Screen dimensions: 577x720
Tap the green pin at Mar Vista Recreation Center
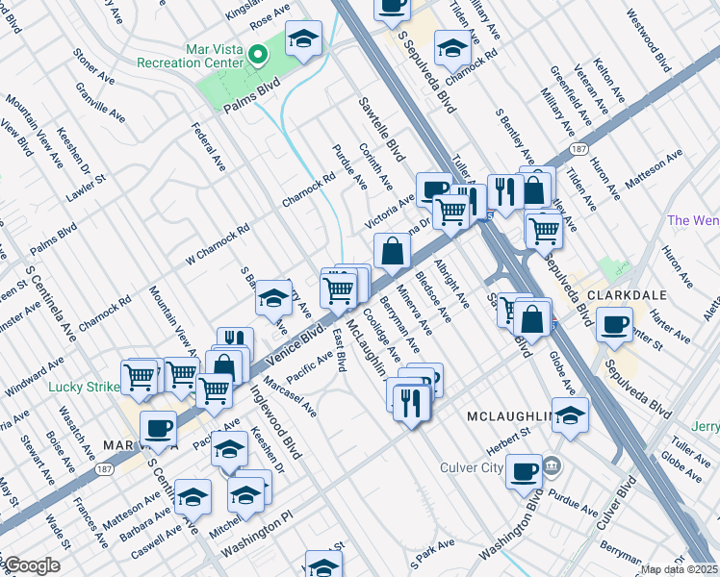pos(258,54)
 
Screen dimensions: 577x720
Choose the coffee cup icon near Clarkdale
pos(613,326)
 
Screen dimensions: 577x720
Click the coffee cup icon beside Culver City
pos(525,470)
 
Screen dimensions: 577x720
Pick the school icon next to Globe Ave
pos(571,417)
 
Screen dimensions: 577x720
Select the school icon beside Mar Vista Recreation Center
pos(304,39)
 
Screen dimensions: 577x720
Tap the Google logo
pos(31,565)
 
